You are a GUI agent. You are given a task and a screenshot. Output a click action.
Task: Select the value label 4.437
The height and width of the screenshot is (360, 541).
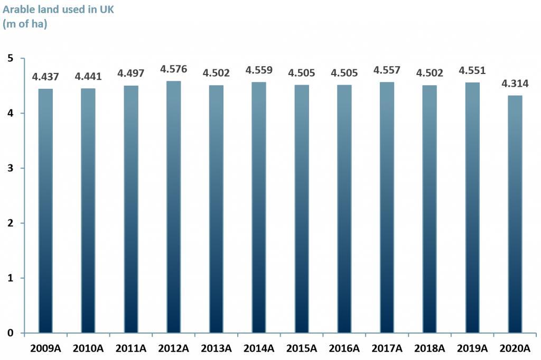point(45,77)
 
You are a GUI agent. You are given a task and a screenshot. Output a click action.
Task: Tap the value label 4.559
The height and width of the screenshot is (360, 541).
point(259,70)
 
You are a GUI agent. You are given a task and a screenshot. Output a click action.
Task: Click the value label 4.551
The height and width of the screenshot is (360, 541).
point(472,71)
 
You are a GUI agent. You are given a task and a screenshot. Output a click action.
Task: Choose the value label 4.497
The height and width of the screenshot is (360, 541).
point(130,73)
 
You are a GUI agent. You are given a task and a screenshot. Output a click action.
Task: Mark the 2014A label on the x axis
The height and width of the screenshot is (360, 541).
point(259,348)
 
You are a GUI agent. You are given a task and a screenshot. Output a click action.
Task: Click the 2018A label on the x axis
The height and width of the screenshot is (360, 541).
point(429,348)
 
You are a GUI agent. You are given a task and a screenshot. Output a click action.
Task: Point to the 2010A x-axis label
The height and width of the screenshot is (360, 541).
point(88,348)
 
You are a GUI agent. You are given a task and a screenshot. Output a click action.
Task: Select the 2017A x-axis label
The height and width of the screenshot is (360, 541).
point(387,348)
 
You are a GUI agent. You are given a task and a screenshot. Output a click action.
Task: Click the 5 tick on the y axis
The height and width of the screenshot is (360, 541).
point(10,58)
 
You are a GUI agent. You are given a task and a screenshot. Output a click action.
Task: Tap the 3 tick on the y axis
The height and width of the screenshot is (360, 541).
point(10,168)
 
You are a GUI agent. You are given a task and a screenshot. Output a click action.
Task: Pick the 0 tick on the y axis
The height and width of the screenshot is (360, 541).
point(10,333)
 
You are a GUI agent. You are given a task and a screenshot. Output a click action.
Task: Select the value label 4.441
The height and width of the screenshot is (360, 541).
point(88,77)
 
